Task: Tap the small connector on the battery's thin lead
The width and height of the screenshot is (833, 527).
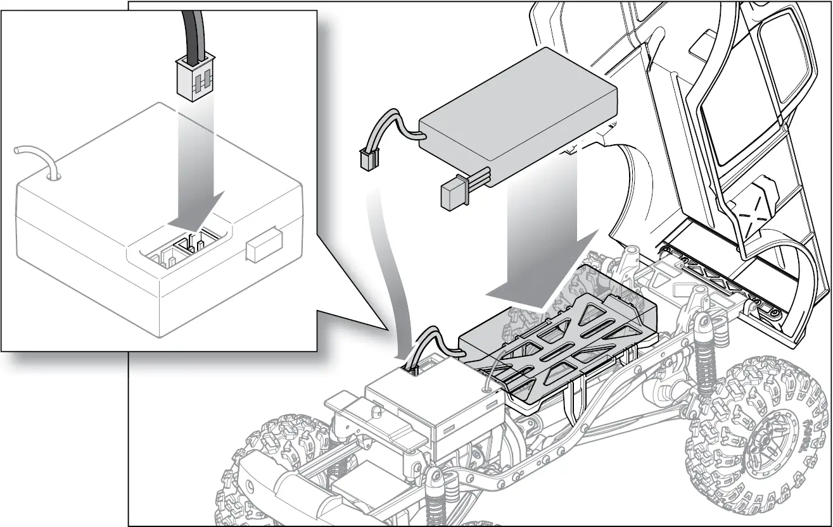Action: pos(367,159)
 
